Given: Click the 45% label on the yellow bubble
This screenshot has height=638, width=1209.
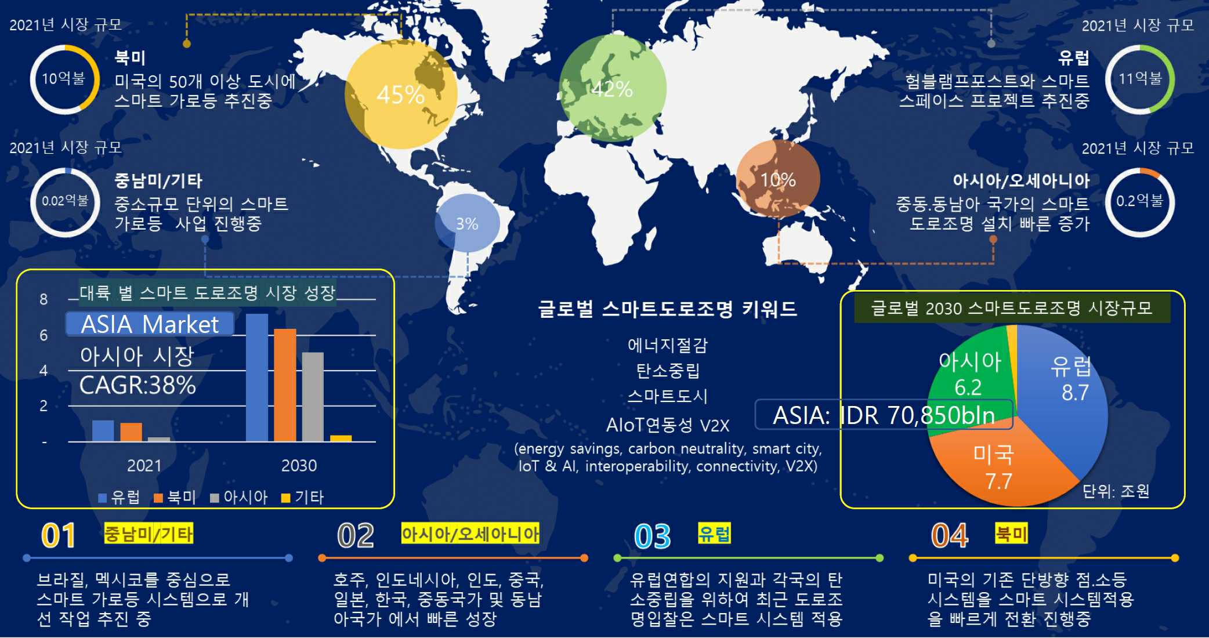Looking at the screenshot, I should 400,95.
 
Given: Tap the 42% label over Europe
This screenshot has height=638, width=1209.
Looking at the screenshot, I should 612,89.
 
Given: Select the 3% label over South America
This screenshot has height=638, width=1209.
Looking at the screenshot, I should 467,224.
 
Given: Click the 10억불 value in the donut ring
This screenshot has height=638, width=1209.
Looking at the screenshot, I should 63,78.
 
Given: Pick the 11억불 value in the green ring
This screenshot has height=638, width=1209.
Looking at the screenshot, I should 1139,78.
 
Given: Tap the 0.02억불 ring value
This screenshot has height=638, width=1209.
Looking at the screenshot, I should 65,201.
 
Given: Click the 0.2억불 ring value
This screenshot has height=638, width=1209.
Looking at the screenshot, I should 1139,201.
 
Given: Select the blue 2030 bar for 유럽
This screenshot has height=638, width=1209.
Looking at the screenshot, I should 257,377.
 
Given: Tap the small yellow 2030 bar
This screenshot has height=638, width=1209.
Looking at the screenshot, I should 341,438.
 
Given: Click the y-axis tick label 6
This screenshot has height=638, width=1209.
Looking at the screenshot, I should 44,335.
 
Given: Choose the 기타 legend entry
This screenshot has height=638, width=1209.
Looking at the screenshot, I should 303,497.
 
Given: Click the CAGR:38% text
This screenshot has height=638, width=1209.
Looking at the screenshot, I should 137,385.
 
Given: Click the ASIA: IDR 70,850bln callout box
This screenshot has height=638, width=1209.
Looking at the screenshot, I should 883,415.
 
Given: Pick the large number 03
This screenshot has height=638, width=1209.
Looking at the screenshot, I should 652,536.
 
